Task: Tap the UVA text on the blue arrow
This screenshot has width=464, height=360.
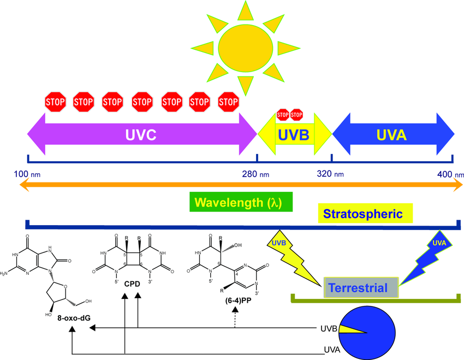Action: [x=392, y=134]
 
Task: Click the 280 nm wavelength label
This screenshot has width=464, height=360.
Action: [x=257, y=175]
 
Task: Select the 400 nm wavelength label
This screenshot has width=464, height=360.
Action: [x=450, y=175]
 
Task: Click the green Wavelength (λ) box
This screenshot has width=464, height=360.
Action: [x=241, y=202]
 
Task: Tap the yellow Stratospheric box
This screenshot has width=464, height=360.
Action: [x=365, y=214]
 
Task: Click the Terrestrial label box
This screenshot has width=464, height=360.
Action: [x=361, y=287]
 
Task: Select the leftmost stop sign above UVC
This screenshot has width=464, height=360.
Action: [x=55, y=101]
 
